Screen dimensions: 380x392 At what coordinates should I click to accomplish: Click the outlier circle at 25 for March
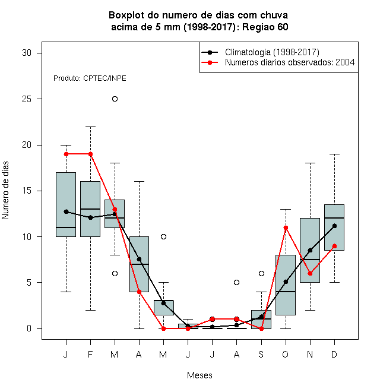(x=115, y=99)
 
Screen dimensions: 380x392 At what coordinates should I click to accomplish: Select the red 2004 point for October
(x=286, y=227)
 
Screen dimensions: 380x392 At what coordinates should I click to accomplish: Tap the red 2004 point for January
(x=66, y=154)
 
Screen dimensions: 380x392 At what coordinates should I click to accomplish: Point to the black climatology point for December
(x=334, y=226)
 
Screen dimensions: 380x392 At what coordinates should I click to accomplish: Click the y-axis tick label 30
(x=27, y=53)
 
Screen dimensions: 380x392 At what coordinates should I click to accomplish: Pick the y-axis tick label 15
(x=27, y=191)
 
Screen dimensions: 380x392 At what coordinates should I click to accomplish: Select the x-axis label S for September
(x=261, y=355)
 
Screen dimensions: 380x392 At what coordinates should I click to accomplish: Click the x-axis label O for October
(x=285, y=355)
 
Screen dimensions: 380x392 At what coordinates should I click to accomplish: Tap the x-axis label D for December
(x=334, y=355)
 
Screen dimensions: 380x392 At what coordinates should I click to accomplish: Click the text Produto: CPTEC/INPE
(x=90, y=78)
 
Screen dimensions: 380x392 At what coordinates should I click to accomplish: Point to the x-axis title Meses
(x=199, y=375)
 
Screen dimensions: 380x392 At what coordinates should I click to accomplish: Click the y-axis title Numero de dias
(x=5, y=191)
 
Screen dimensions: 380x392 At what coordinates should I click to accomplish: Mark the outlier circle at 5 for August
(x=236, y=283)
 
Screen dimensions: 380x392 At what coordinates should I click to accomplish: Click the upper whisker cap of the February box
(x=90, y=127)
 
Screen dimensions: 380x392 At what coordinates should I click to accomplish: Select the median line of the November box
(x=310, y=260)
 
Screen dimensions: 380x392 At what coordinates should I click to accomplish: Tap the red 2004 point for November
(x=310, y=273)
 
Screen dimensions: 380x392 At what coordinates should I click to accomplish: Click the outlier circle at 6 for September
(x=261, y=273)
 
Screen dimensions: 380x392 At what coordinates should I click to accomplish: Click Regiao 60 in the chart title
(x=265, y=27)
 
